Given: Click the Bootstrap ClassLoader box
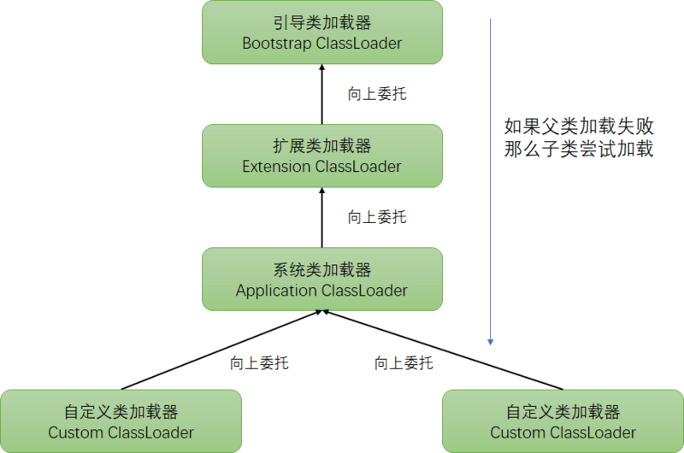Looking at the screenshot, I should pyautogui.click(x=321, y=32).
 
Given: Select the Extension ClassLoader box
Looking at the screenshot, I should pyautogui.click(x=321, y=156).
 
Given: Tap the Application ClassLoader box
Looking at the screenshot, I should pyautogui.click(x=321, y=279).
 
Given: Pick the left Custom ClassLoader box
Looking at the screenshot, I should pyautogui.click(x=121, y=421).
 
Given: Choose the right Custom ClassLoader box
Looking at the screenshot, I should pyautogui.click(x=563, y=421).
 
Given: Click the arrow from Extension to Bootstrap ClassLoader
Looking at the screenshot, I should pyautogui.click(x=322, y=94).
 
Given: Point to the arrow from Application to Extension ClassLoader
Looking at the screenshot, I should pyautogui.click(x=322, y=218).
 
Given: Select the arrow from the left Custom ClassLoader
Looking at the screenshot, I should pyautogui.click(x=222, y=351).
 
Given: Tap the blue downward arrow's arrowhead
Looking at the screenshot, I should pyautogui.click(x=491, y=341).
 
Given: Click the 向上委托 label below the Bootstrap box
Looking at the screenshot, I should pyautogui.click(x=376, y=94).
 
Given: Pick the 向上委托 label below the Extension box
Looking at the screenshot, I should pyautogui.click(x=376, y=217).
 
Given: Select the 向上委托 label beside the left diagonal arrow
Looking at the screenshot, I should pyautogui.click(x=259, y=363).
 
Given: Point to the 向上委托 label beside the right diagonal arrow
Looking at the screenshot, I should pyautogui.click(x=404, y=363).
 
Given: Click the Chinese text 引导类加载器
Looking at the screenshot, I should pyautogui.click(x=321, y=22).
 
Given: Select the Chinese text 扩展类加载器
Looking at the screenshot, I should pyautogui.click(x=321, y=146).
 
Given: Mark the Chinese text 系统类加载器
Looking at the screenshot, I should pyautogui.click(x=321, y=270).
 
